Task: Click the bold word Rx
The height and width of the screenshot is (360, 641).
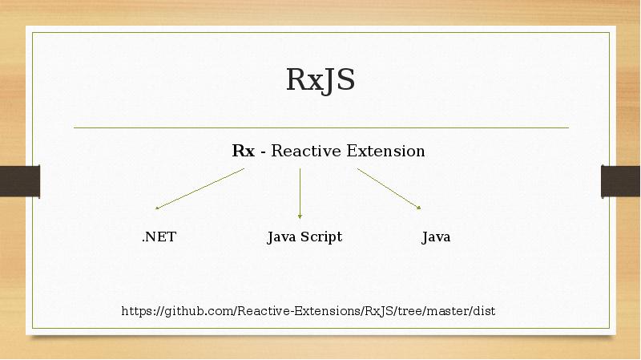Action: point(243,151)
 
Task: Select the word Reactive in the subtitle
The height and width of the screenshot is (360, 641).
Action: point(306,151)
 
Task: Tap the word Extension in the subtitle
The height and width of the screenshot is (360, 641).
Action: point(385,151)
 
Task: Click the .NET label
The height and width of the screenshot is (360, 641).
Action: point(159,237)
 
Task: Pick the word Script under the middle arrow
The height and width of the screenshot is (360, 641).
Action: point(320,237)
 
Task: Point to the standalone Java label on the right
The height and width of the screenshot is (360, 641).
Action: point(436,237)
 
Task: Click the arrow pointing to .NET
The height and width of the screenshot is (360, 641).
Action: point(200,188)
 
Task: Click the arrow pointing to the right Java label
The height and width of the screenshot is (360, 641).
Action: point(389,188)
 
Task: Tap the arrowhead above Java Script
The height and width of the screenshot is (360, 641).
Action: point(300,215)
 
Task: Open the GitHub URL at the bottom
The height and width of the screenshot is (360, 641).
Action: point(308,310)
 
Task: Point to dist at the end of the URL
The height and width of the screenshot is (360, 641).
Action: point(484,310)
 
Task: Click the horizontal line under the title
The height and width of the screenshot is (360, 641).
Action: point(320,127)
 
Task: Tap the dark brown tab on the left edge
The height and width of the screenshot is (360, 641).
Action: point(19,180)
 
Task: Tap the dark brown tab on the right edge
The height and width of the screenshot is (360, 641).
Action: point(620,180)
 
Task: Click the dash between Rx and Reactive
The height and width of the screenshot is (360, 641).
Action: point(263,152)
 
